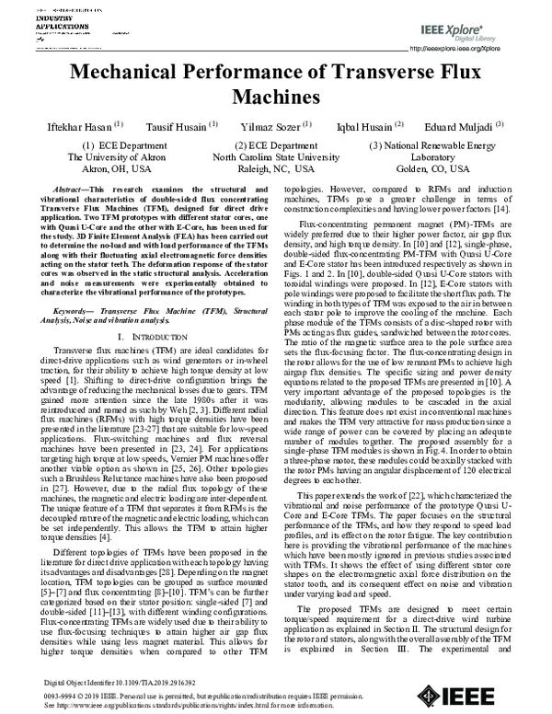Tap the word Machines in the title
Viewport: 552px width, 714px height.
[276, 98]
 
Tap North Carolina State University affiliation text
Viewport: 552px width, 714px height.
[277, 157]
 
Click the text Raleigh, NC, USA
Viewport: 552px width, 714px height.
[277, 170]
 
